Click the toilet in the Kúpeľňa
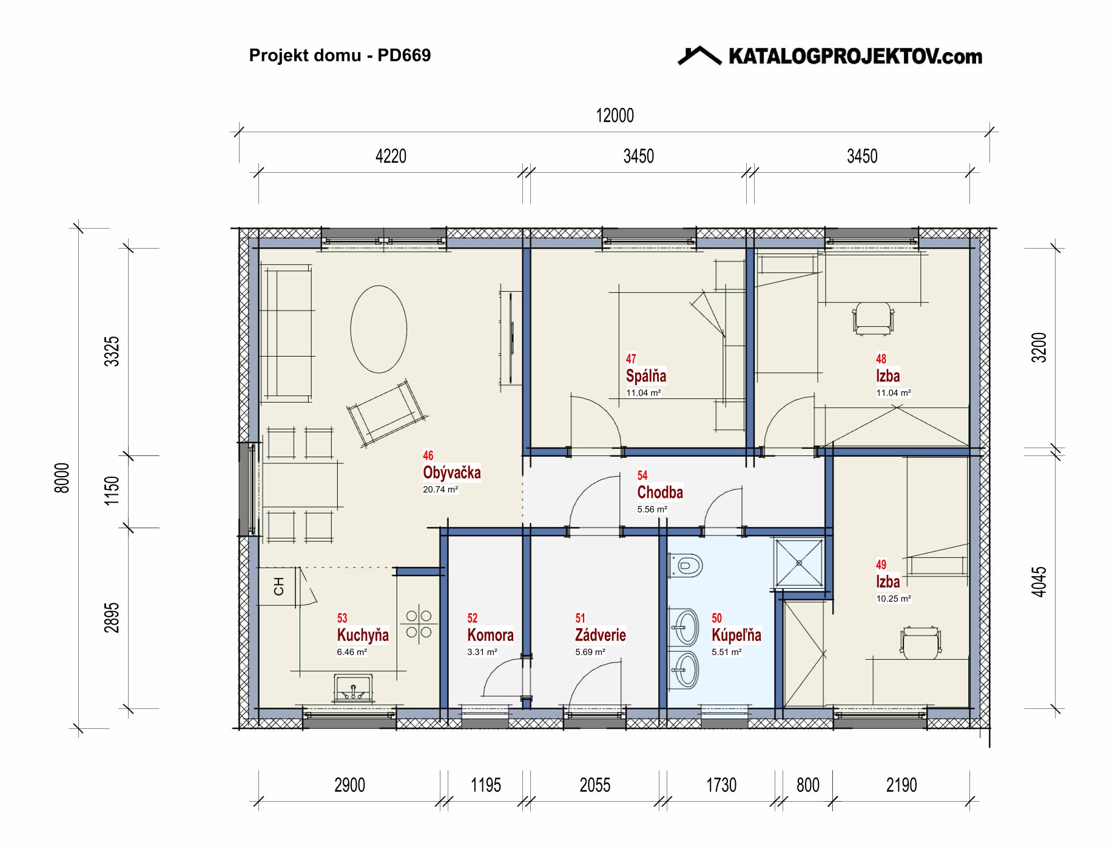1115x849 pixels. pos(686,566)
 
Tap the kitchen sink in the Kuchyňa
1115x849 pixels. pos(353,689)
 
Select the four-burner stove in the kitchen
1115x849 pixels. pos(419,624)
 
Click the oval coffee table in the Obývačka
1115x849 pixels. pos(379,329)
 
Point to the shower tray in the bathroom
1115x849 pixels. pos(799,563)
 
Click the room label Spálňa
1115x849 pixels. pos(646,376)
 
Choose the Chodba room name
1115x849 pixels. pos(660,492)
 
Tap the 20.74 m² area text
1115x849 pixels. pos(440,489)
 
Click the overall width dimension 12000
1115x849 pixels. pos(615,115)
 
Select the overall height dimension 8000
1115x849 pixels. pos(62,478)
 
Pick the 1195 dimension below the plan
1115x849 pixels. pos(486,785)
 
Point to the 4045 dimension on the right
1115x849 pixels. pos(1039,582)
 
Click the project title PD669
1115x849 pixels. pos(404,55)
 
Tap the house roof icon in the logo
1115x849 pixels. pos(699,55)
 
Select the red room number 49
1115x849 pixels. pos(881,565)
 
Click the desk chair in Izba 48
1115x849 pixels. pos(873,318)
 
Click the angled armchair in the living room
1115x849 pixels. pos(387,414)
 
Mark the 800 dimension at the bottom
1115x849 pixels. pos(807,785)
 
